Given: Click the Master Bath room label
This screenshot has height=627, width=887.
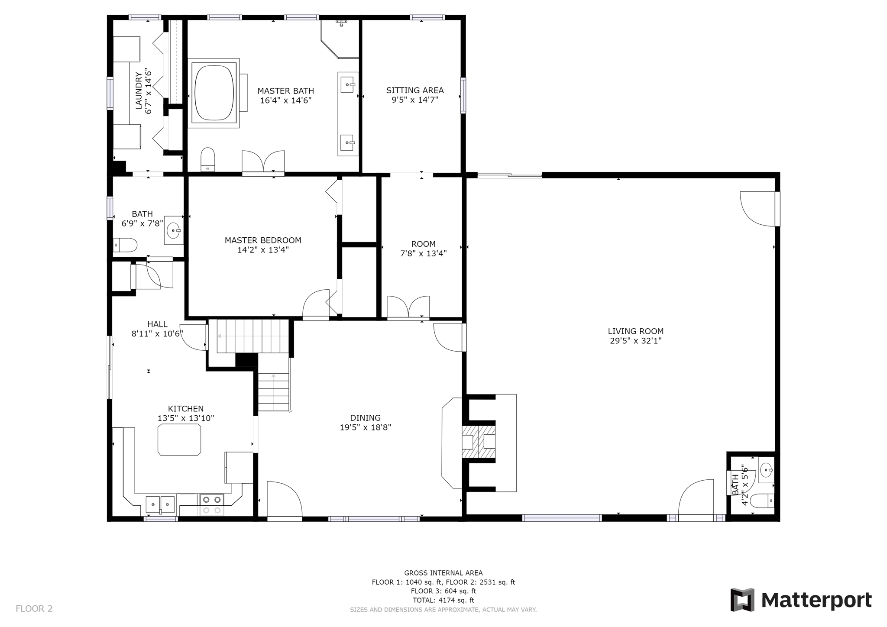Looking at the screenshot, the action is (285, 91).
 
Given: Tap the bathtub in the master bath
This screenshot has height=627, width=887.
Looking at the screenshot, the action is (214, 93).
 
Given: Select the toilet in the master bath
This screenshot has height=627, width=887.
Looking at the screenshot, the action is (208, 160).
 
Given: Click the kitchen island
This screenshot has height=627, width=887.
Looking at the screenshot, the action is (179, 440).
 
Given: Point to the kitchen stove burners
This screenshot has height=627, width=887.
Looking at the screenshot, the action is (212, 505).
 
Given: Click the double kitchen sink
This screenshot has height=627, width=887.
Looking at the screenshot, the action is (160, 505).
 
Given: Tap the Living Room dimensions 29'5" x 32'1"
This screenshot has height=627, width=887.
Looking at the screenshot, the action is (635, 341).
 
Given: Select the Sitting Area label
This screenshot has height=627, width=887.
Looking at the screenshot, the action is (415, 90).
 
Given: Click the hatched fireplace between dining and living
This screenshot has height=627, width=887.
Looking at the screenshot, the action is (479, 442).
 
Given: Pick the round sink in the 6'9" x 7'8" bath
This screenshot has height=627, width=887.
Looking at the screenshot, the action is (174, 230).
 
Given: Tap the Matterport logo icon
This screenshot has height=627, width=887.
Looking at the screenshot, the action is (742, 600).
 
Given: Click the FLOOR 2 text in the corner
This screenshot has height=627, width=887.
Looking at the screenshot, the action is (34, 609).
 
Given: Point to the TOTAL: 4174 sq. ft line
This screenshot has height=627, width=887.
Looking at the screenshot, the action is (443, 600).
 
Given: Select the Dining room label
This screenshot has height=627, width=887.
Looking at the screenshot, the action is (366, 418).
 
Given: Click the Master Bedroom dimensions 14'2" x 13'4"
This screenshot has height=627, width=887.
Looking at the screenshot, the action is (263, 250).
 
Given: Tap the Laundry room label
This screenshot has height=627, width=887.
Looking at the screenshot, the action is (139, 90).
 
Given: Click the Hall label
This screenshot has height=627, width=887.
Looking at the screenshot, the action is (157, 324).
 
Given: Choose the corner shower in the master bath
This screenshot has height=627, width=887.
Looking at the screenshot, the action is (340, 39).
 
